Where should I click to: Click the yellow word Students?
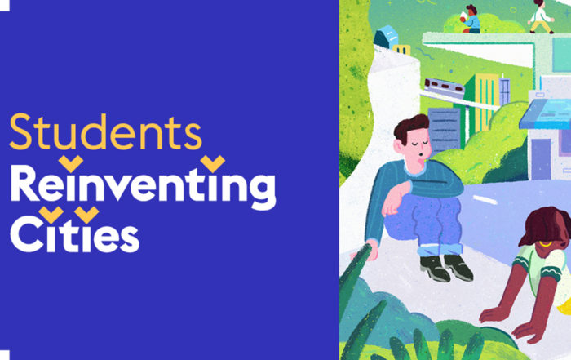pos(105,132)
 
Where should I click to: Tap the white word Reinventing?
pos(143,187)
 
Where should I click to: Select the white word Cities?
pos(75,234)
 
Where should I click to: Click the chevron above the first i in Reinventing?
pos(71,163)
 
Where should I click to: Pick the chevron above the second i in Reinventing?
pos(213,163)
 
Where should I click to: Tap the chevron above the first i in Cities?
pos(51,214)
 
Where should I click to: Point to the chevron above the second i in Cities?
pos(86,214)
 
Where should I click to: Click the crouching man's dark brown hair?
pos(411,127)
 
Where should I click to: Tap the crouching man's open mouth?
pos(421,158)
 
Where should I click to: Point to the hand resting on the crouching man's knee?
pos(395,200)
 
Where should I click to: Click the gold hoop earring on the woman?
pos(546,243)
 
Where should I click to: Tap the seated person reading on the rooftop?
pos(471,20)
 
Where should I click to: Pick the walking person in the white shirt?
pos(541,17)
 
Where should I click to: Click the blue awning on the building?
pos(545,114)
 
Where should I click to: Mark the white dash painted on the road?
pos(485,200)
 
